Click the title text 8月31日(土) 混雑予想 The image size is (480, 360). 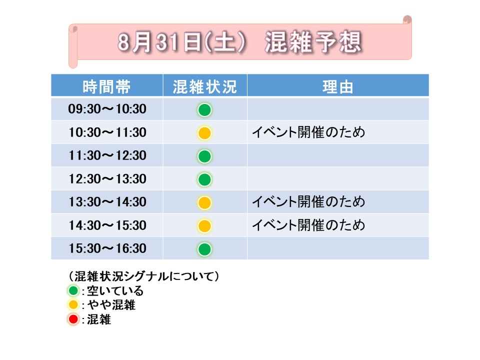[240, 42]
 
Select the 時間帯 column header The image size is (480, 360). [106, 86]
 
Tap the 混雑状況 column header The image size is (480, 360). [205, 86]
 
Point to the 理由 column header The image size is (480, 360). [337, 86]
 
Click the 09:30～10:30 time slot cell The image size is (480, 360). [107, 109]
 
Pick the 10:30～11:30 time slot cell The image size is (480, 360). [107, 132]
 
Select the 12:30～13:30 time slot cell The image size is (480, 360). [107, 179]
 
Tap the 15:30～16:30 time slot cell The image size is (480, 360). [107, 248]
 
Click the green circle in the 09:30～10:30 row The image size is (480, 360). [204, 110]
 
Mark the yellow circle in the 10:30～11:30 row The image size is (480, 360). [204, 133]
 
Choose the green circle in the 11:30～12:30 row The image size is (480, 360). [204, 156]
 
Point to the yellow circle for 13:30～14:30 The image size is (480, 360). [204, 202]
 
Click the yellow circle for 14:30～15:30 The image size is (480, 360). [204, 226]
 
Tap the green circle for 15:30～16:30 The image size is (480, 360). [204, 249]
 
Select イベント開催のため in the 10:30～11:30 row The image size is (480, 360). [308, 132]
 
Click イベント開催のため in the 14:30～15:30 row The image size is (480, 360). [308, 225]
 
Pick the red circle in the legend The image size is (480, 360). [73, 319]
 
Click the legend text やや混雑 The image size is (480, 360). [111, 305]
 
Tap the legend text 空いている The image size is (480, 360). [115, 290]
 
